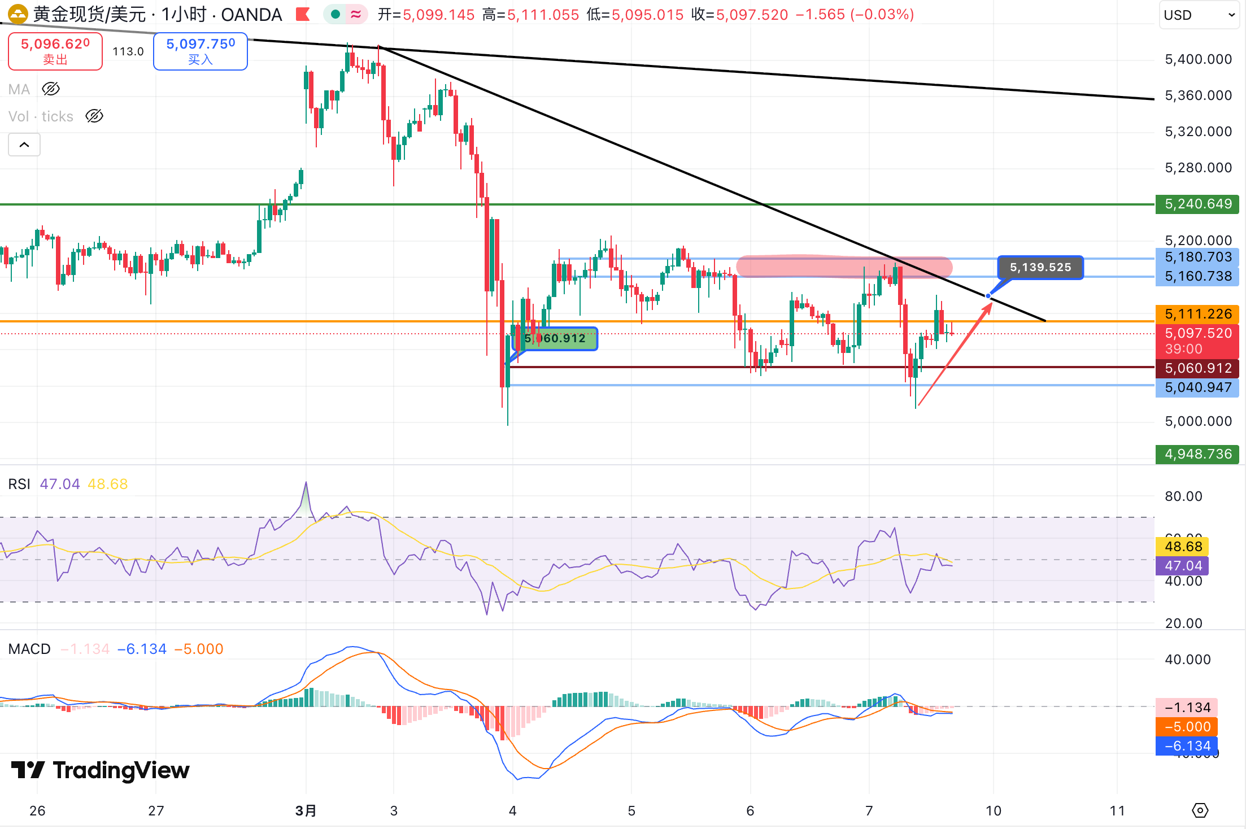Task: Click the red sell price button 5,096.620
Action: pos(55,51)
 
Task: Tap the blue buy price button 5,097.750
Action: pos(201,51)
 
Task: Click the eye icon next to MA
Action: pos(51,89)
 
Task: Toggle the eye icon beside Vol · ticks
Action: pos(94,116)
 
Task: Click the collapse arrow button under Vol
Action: pos(24,145)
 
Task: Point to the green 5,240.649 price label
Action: pos(1197,204)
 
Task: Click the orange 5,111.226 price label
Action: pos(1197,314)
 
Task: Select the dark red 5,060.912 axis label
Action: pos(1197,368)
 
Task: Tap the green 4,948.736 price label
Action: pos(1197,454)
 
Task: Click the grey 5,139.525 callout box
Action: pos(1040,267)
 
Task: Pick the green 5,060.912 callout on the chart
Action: pos(555,339)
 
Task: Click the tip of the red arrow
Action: pos(991,304)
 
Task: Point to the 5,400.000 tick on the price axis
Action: pos(1198,59)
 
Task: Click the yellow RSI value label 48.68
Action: pos(1183,547)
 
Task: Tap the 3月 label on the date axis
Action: pos(306,811)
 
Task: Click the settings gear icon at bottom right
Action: pos(1200,811)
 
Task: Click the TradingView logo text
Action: pos(121,770)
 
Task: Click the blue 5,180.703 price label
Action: pos(1197,257)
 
